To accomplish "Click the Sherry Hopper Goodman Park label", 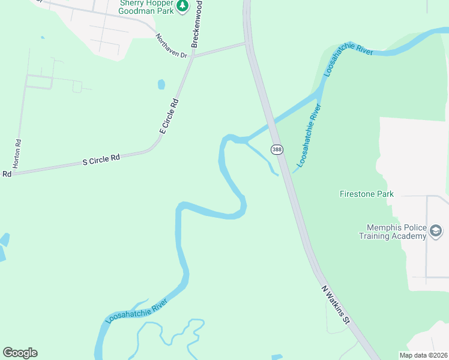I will click(x=146, y=7).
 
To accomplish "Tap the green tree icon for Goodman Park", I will click(x=183, y=7).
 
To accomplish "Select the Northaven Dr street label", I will click(x=172, y=46).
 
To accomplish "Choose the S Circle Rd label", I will click(x=101, y=160).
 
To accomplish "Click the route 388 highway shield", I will click(x=276, y=149).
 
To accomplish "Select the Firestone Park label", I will click(x=366, y=194).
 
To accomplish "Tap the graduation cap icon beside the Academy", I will click(x=436, y=231).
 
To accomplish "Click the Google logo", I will click(x=20, y=353).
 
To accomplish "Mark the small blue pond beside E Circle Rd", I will click(x=161, y=85).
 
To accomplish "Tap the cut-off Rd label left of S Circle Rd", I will click(x=7, y=174).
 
